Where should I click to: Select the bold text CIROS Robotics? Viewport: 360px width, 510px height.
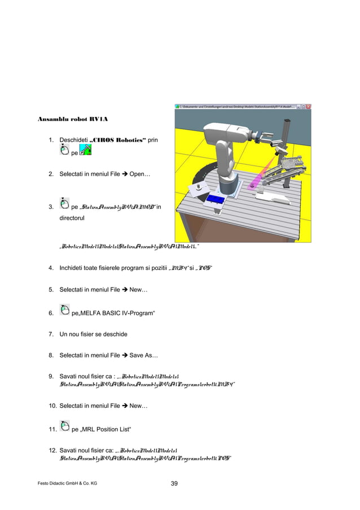pyautogui.click(x=117, y=140)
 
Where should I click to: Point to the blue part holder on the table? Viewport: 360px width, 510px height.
pyautogui.click(x=216, y=199)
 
